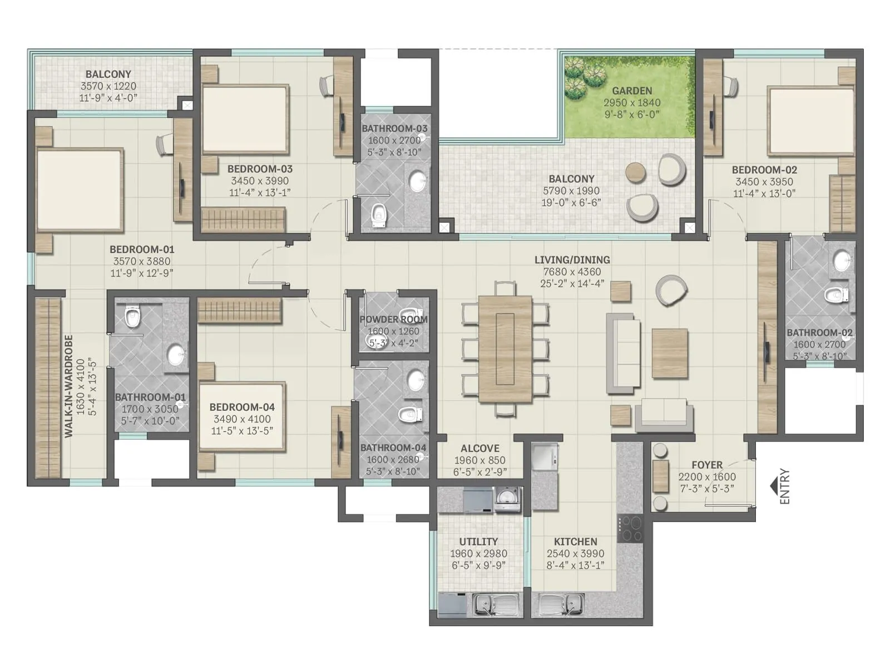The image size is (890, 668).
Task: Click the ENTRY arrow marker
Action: coord(774,486)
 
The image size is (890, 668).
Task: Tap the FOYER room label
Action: coord(707,465)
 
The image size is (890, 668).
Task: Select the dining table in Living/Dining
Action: coord(505,350)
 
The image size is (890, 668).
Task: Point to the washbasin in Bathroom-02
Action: coord(842,259)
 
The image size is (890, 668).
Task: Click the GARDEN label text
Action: coord(632,91)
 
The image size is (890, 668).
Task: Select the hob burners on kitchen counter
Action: coord(630,529)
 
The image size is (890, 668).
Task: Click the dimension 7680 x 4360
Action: coord(572,272)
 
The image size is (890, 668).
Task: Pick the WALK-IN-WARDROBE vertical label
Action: coord(68,386)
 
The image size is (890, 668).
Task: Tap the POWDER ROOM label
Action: coord(393,320)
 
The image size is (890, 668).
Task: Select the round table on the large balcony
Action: coord(636,172)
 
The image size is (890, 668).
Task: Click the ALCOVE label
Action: coord(480,448)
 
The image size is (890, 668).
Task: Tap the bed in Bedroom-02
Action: coord(811,121)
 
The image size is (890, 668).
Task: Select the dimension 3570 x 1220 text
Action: coord(108,86)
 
